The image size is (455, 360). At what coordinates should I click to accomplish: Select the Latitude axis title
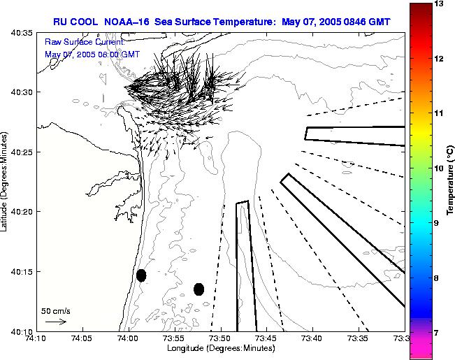point(6,182)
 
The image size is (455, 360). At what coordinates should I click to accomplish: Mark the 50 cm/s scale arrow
point(55,322)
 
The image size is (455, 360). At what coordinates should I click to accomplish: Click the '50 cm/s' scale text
point(55,310)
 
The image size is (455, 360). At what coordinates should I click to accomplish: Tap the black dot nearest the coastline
point(141,275)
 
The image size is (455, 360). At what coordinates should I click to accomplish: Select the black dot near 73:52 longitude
point(199,289)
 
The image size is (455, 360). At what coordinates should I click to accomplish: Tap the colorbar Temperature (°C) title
point(452,182)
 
